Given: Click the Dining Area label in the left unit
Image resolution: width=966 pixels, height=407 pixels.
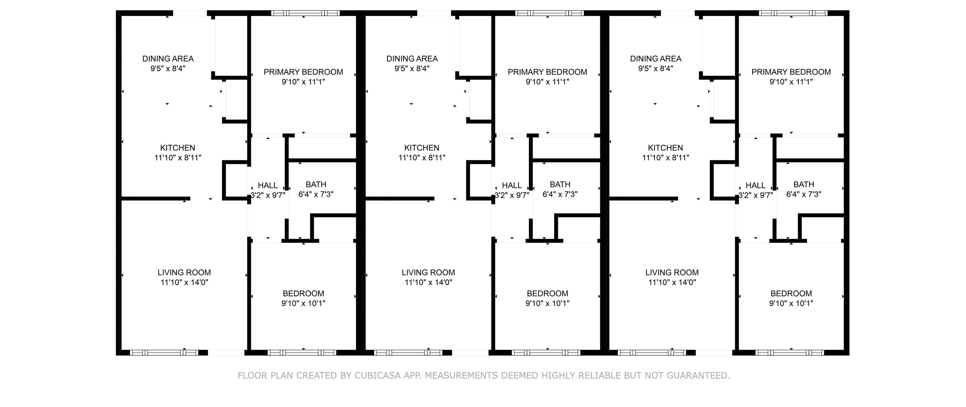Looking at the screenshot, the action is coord(168,59).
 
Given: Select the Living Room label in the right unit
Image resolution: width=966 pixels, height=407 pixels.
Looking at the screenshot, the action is coord(672,273).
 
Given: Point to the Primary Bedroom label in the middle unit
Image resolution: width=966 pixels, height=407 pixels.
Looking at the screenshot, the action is coord(547,72).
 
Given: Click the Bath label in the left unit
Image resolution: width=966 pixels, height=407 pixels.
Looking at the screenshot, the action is coord(316,184).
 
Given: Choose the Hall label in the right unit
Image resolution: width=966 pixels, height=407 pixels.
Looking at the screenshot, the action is coord(756,185).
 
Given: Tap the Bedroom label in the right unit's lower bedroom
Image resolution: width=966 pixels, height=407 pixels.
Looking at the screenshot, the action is coord(791,294).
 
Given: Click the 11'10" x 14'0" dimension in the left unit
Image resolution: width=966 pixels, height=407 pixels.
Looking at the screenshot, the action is coord(184,282).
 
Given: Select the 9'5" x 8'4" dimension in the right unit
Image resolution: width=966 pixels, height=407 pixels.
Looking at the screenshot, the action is coord(656,68).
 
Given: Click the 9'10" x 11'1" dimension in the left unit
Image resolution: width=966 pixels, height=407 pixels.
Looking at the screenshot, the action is coord(303,82).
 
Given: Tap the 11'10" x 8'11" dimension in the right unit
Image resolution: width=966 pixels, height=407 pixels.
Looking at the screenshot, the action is coord(666,158).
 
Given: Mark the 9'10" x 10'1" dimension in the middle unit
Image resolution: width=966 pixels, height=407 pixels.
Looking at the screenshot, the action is coord(547,303).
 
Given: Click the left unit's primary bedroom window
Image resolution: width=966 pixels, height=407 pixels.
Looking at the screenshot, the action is coord(305,13).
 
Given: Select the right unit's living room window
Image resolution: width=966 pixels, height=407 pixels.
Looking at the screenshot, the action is coord(652,353).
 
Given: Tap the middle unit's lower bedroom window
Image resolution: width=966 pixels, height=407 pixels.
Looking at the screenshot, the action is coord(546,353).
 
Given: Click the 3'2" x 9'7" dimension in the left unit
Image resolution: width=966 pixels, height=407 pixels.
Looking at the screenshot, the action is coord(268,195).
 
